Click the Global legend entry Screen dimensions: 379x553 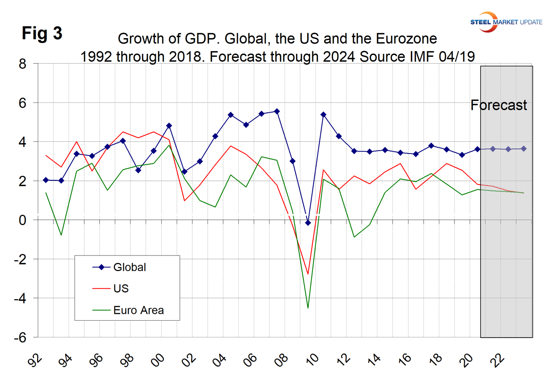click(129, 267)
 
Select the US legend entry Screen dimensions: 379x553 click(121, 289)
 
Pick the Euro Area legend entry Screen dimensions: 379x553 click(138, 310)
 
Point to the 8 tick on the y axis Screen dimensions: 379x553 click(22, 63)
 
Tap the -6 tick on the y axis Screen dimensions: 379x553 click(20, 338)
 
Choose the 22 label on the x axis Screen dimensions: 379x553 click(498, 360)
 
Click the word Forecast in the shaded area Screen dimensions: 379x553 click(498, 105)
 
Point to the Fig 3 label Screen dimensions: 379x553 click(42, 33)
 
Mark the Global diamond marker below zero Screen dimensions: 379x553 click(308, 223)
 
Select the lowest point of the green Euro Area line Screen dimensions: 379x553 click(308, 308)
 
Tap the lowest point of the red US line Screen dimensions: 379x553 click(308, 274)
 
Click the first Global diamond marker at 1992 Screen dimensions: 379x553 click(46, 180)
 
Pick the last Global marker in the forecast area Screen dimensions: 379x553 click(524, 149)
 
